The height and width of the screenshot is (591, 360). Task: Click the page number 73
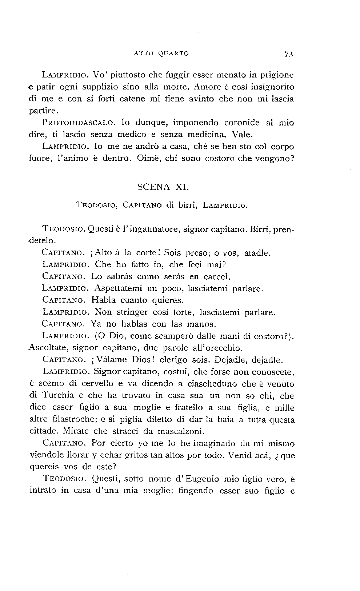point(289,54)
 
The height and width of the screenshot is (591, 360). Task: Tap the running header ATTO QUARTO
point(161,53)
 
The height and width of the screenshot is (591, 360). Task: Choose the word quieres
point(167,300)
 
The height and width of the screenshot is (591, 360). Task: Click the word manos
point(201,324)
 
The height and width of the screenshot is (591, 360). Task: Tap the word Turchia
point(58,395)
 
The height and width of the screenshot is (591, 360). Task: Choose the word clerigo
point(176,360)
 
